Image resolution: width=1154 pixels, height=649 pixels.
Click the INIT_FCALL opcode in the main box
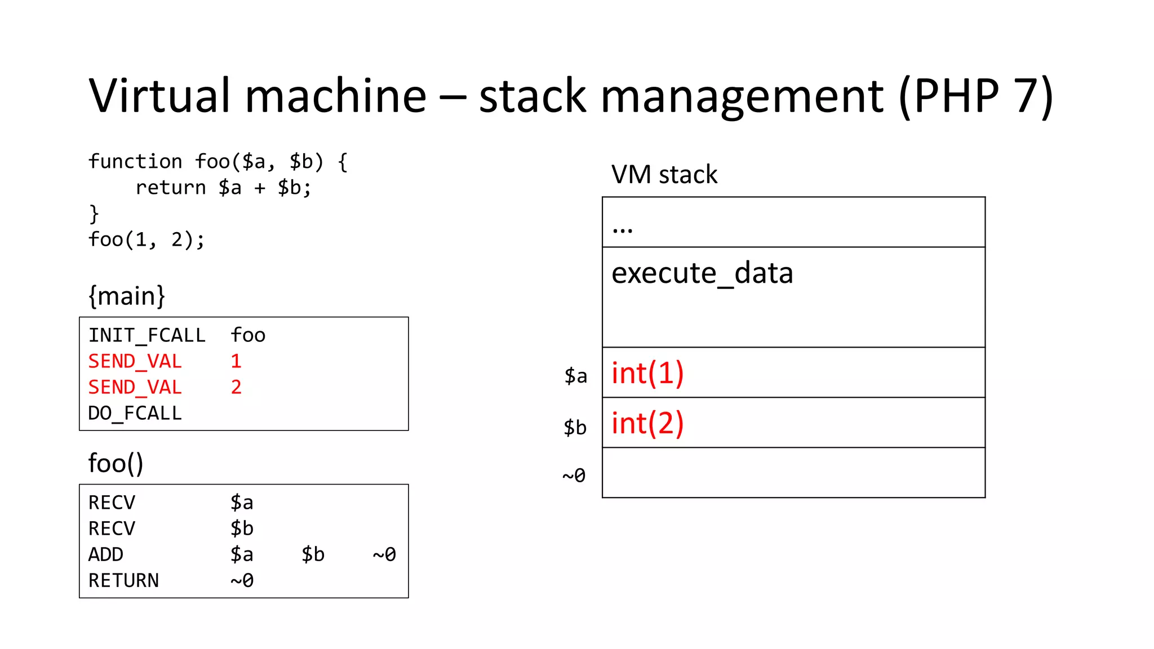(x=147, y=335)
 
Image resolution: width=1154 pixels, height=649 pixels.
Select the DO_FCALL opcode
(x=135, y=413)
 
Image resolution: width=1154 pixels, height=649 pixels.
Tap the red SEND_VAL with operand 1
(x=135, y=361)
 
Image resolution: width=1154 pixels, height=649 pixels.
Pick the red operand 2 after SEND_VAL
(x=236, y=387)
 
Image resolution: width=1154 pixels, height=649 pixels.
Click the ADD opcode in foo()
(x=106, y=554)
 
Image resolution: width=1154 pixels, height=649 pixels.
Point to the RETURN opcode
(x=123, y=580)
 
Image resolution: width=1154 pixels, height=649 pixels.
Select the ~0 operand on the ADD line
(x=384, y=554)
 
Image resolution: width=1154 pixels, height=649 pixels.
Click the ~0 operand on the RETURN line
(x=242, y=580)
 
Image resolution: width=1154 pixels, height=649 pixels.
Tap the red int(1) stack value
(x=647, y=373)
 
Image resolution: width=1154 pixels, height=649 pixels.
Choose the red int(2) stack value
(x=647, y=423)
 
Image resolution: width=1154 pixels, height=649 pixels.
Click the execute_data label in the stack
(x=702, y=274)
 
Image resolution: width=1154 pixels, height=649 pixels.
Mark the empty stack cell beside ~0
(x=793, y=473)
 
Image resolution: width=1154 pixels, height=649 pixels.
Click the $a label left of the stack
(x=576, y=376)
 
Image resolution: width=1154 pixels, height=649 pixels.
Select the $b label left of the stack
(x=575, y=427)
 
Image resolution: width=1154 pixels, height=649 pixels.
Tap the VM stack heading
(x=664, y=175)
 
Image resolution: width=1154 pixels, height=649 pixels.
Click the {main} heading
(x=127, y=296)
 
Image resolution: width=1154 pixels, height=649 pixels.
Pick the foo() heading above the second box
(x=116, y=463)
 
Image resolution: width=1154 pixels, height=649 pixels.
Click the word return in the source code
(x=171, y=188)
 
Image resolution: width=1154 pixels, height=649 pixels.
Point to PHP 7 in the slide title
(x=975, y=96)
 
